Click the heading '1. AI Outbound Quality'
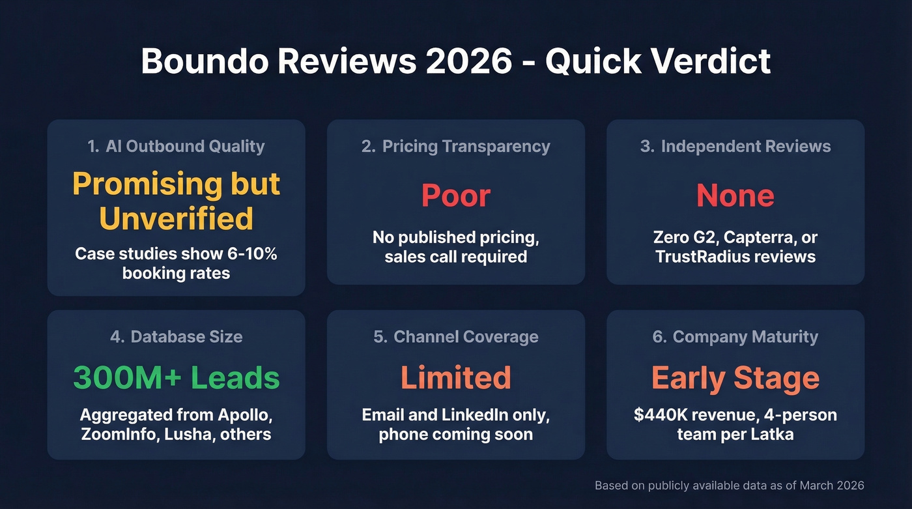coord(176,146)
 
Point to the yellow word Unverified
coord(176,218)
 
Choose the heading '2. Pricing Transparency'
coord(456,146)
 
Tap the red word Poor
coord(456,196)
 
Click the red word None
coord(735,196)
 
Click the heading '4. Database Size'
coord(176,337)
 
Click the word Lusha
coord(195,434)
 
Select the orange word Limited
coord(456,378)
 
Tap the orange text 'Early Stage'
coord(735,378)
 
